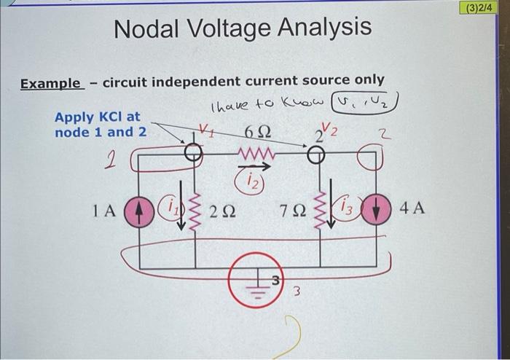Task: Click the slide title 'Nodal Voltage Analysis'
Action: point(243,28)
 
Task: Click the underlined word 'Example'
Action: point(51,83)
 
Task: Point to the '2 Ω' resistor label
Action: point(222,213)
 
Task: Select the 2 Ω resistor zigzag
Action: point(194,213)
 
